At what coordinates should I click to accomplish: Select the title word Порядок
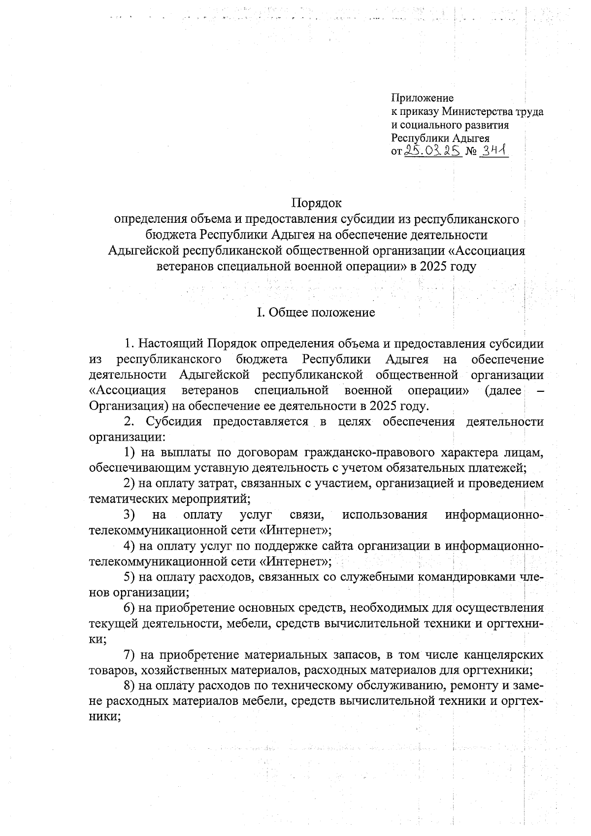tap(316, 203)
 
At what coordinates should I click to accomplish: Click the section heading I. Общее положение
tap(316, 313)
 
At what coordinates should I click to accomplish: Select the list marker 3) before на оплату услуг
tap(129, 515)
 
